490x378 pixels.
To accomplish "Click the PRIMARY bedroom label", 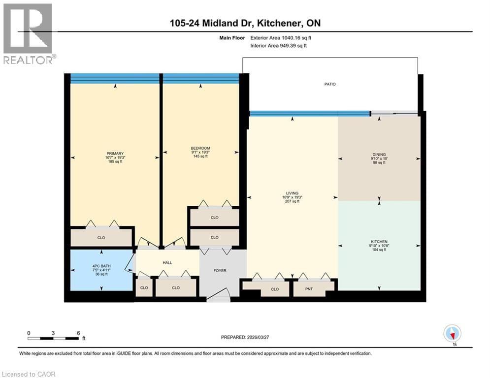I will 115,153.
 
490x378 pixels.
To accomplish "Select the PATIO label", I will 330,84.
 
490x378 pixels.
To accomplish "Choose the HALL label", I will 167,263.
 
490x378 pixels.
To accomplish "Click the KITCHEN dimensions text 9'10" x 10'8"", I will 379,246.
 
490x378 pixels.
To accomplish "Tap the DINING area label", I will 379,154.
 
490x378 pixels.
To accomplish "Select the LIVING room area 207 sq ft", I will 292,201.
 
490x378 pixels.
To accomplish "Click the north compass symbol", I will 452,334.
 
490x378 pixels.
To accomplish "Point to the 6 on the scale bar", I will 78,333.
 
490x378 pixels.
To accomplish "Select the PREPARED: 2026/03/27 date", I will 245,337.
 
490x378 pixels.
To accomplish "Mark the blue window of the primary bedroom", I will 115,78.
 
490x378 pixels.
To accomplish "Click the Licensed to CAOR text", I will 30,374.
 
